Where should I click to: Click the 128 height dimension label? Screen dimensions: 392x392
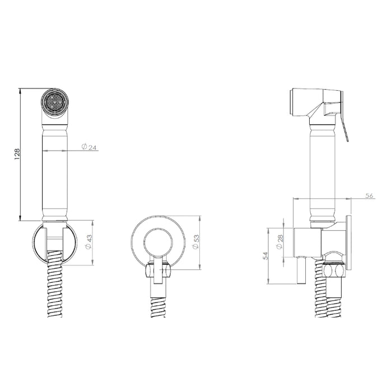click(x=17, y=154)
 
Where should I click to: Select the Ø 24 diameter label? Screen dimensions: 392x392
click(x=89, y=147)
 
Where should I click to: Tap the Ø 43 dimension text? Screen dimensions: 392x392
click(x=89, y=242)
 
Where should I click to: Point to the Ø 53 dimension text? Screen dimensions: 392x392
click(x=196, y=242)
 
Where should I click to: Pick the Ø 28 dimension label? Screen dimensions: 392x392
click(x=280, y=242)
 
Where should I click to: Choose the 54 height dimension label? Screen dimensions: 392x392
click(x=266, y=256)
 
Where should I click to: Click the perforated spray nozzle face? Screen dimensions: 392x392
click(x=54, y=102)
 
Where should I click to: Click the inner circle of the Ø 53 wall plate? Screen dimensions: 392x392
click(x=158, y=242)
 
